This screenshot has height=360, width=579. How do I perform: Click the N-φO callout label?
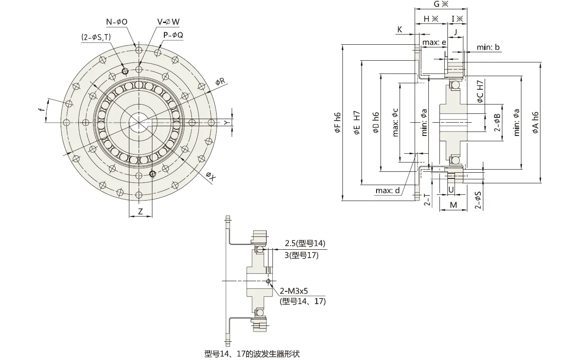(117, 22)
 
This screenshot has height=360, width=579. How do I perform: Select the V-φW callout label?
(168, 22)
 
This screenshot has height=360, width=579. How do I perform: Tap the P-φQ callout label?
(173, 35)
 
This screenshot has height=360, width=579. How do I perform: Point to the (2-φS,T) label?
(96, 38)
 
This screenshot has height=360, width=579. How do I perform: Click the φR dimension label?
(220, 81)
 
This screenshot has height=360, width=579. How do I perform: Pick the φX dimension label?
(210, 177)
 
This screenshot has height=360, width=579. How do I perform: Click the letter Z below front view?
(140, 212)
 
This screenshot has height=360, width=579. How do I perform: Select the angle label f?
(41, 112)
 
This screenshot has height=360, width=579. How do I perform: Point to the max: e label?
(434, 42)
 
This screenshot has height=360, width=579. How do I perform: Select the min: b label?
(488, 47)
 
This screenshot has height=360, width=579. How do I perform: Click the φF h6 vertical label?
(338, 123)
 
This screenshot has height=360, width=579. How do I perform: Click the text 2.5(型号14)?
(305, 243)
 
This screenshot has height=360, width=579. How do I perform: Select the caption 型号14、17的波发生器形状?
(252, 354)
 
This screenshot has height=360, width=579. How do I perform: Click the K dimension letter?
(400, 29)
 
